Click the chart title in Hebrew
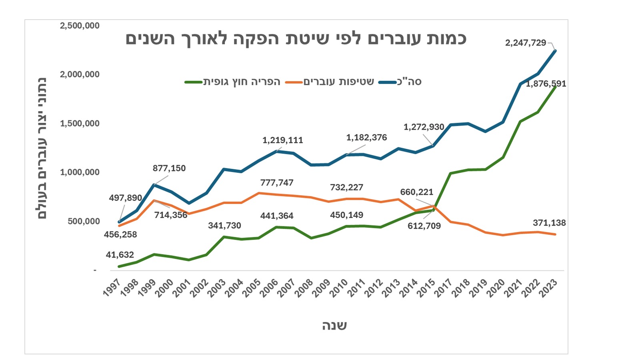tap(296, 39)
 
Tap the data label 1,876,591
tap(546, 84)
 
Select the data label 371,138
tap(549, 223)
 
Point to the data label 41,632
tap(120, 255)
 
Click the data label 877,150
tap(169, 168)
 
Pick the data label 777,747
tap(277, 183)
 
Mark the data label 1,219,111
tap(282, 140)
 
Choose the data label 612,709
tap(424, 226)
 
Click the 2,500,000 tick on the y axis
tap(80, 26)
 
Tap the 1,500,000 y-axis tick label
tap(80, 124)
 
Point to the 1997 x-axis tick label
tap(112, 288)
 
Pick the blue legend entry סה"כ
tap(409, 82)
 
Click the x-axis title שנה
tap(334, 326)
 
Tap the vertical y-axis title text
tap(42, 148)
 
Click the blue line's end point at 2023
tap(555, 51)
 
